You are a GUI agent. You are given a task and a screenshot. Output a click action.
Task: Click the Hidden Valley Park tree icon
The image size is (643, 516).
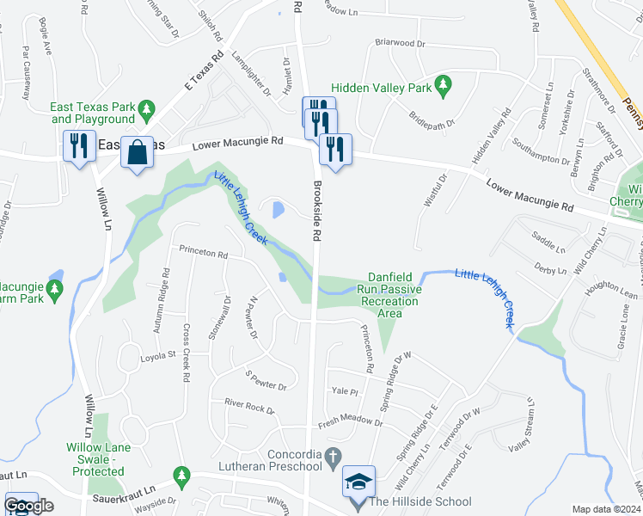click(x=444, y=84)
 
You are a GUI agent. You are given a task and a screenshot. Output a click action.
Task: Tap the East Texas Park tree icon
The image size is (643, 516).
click(x=147, y=109)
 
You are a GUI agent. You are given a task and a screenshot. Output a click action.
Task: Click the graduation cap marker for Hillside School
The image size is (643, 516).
click(x=358, y=482)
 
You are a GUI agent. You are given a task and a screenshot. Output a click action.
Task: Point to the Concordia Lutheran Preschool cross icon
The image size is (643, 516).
click(x=334, y=453)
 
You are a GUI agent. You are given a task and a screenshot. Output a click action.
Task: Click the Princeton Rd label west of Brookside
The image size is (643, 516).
click(x=203, y=254)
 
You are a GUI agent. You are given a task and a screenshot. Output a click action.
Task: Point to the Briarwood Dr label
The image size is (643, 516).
click(x=401, y=42)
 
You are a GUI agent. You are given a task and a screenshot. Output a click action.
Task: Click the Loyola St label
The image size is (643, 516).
click(x=158, y=353)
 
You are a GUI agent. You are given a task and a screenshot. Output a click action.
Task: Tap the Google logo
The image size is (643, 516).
click(x=28, y=506)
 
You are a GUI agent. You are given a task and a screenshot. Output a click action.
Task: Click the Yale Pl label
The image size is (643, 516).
click(x=344, y=391)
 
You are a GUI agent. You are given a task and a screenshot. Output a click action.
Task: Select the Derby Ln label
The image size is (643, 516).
click(x=549, y=268)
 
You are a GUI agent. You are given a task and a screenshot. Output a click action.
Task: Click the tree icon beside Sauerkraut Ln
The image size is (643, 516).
click(x=181, y=474)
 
